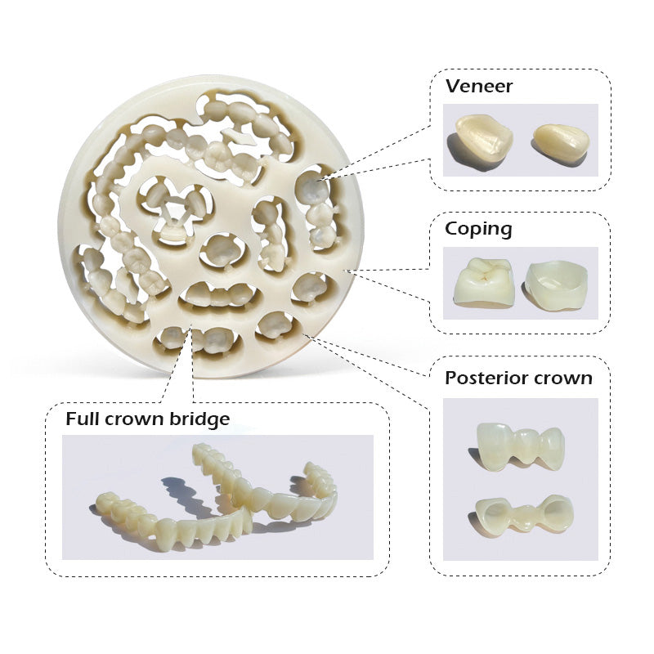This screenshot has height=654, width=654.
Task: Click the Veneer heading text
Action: (479, 86)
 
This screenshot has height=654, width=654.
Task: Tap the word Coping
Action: (478, 230)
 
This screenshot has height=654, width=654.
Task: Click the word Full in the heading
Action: (83, 419)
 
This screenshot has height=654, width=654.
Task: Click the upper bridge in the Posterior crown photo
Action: (521, 446)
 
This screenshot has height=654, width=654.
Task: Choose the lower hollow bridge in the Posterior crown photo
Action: (523, 514)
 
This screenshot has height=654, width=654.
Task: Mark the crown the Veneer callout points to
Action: (311, 188)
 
